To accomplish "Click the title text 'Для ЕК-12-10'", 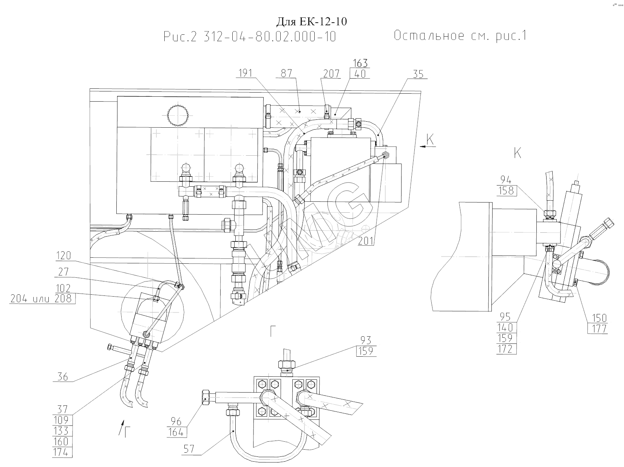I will click(312, 22).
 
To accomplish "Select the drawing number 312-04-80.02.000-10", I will click(269, 37).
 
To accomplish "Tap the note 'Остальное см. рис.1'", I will click(460, 36).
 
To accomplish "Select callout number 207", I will click(331, 73).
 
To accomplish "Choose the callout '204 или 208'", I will click(42, 299).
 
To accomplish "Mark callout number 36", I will click(62, 377).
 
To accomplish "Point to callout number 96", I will click(176, 422).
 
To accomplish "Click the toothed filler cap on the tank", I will click(177, 115).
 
